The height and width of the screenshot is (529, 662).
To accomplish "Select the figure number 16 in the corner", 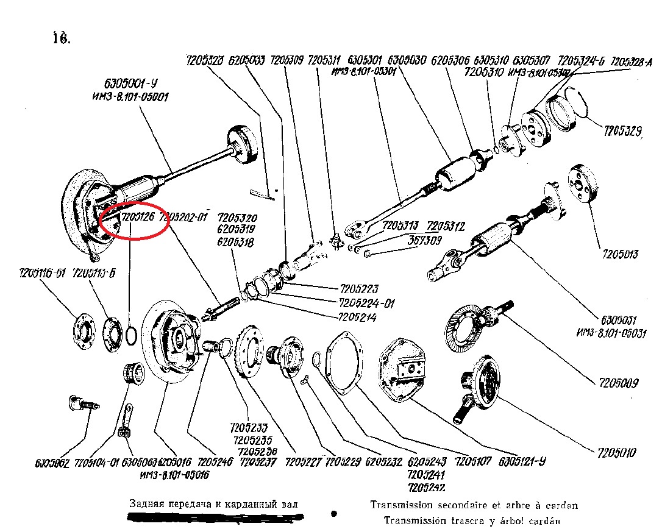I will pyautogui.click(x=62, y=38).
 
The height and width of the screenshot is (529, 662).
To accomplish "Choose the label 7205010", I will pyautogui.click(x=617, y=453).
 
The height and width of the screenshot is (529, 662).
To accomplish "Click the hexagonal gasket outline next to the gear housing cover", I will pyautogui.click(x=345, y=366).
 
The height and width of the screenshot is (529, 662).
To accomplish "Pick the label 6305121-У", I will pyautogui.click(x=522, y=461).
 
